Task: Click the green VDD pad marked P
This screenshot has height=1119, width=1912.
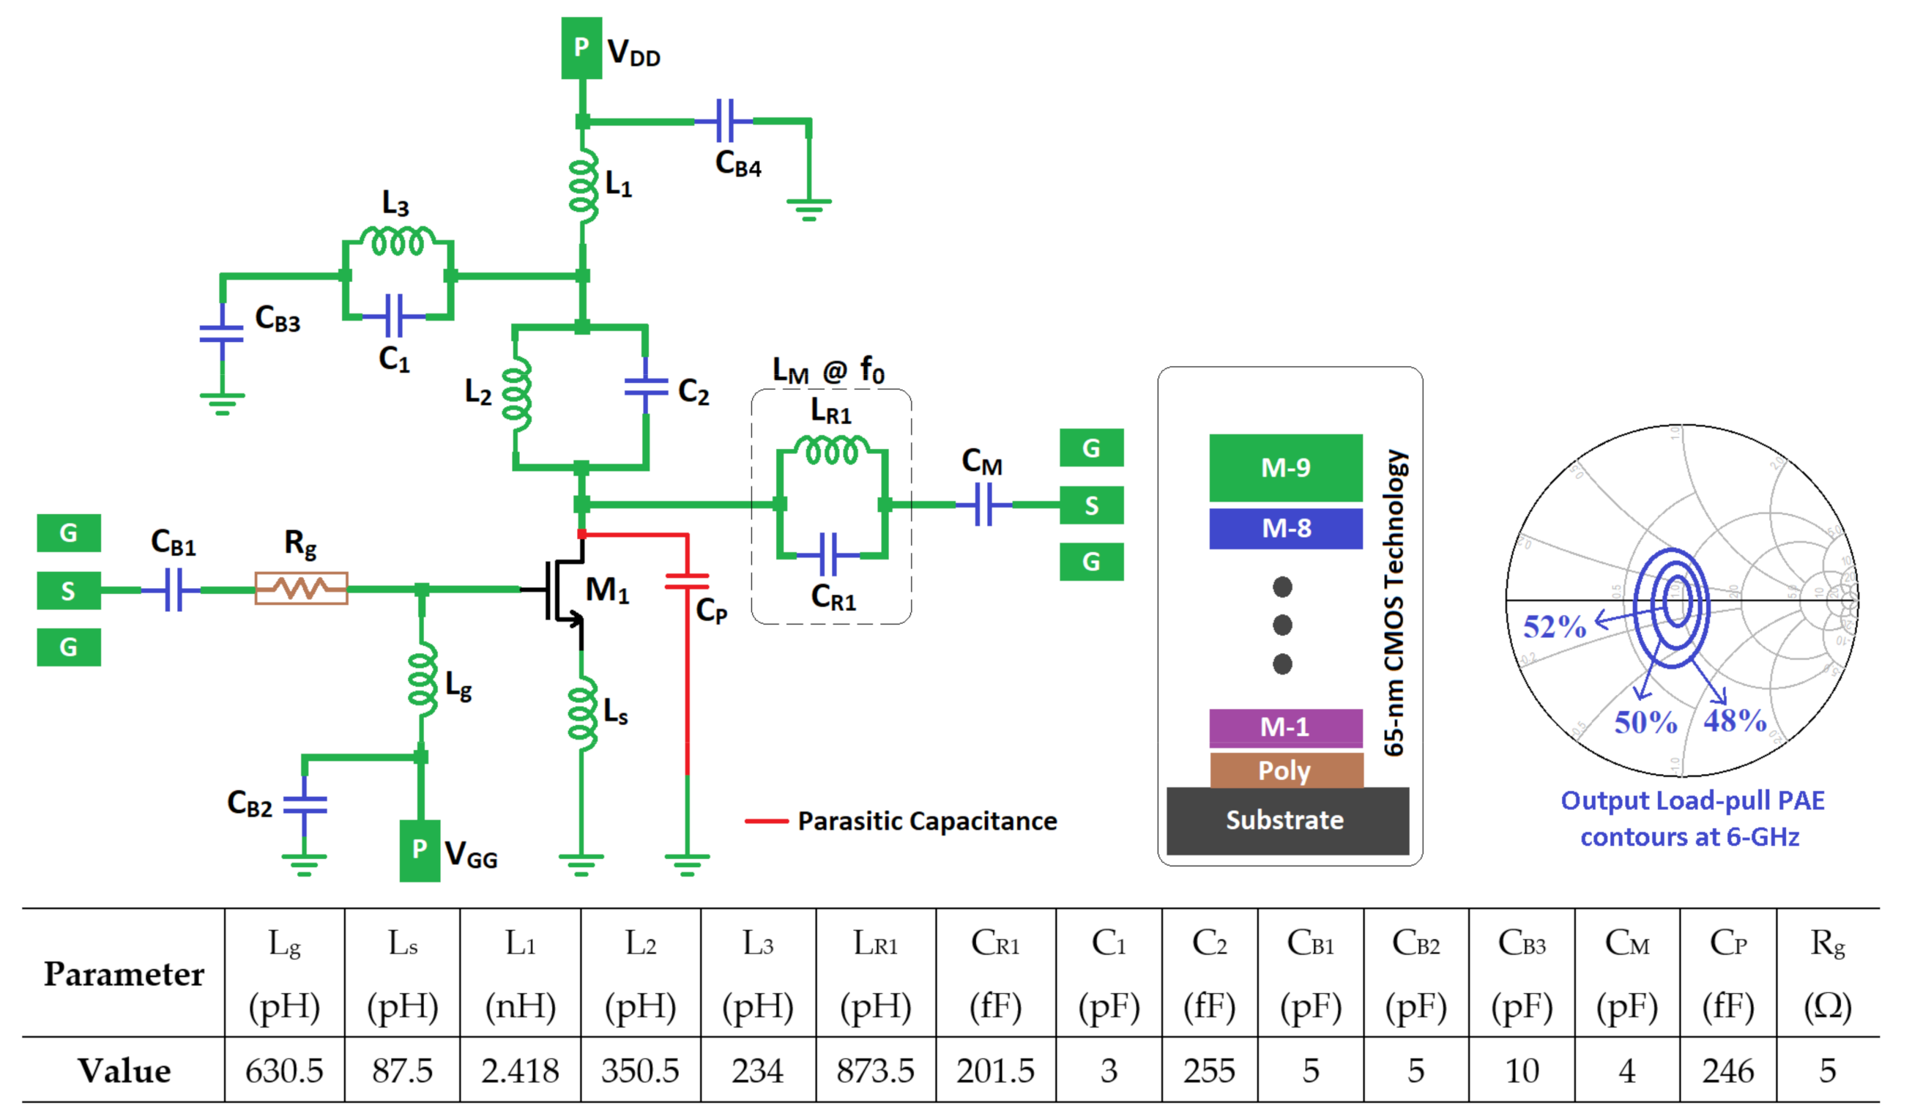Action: click(x=581, y=48)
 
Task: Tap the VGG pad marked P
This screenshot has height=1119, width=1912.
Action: click(x=420, y=850)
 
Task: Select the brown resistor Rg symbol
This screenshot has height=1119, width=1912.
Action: click(x=301, y=588)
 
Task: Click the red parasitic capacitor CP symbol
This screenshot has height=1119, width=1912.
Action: click(x=687, y=582)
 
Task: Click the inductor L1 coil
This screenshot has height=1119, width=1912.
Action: click(x=583, y=186)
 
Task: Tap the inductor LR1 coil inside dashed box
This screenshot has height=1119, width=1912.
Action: click(x=832, y=450)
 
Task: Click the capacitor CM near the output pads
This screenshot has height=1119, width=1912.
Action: click(x=983, y=505)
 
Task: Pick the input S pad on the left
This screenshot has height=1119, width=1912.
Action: click(x=68, y=590)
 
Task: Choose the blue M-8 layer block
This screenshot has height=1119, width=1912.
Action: click(x=1285, y=528)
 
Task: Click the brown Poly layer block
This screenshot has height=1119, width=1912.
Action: click(x=1285, y=770)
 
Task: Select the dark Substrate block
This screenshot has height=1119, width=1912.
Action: click(x=1287, y=820)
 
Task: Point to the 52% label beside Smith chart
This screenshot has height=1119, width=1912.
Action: click(x=1554, y=627)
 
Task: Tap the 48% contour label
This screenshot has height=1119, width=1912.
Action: click(x=1735, y=720)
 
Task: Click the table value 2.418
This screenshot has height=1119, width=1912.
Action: click(x=520, y=1071)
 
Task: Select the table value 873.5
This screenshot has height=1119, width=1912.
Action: click(x=875, y=1071)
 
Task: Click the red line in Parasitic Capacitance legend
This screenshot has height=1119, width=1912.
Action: click(x=766, y=821)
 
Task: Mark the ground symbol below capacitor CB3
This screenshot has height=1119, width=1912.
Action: click(x=222, y=403)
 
